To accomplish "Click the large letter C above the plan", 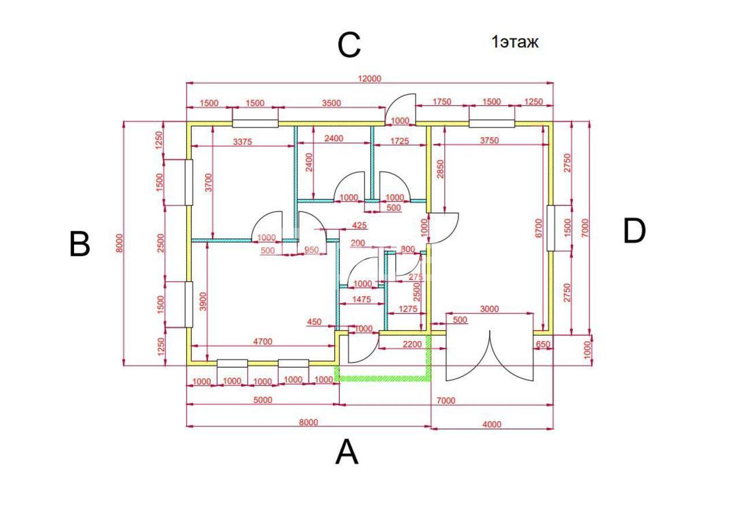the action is [349, 45].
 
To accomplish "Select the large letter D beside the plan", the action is [634, 231].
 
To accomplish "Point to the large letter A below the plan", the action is [346, 452].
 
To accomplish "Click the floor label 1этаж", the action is [515, 42].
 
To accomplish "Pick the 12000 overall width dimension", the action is [369, 79].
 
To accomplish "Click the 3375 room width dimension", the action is [242, 142].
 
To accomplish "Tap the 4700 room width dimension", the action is [262, 341].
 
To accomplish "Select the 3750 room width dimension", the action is [489, 141].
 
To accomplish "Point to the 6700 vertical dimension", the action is [538, 228].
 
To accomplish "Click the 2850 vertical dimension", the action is [441, 169].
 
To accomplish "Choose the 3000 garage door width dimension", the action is [489, 309].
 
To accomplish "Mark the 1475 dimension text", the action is [362, 300].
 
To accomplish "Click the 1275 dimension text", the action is [408, 309].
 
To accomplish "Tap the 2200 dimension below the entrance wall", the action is [412, 345].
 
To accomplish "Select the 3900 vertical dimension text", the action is [203, 301].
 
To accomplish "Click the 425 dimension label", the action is [360, 226].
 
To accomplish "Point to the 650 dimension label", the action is [543, 345].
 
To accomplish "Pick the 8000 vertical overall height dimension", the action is [119, 243].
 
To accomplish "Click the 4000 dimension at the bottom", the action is [492, 424].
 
